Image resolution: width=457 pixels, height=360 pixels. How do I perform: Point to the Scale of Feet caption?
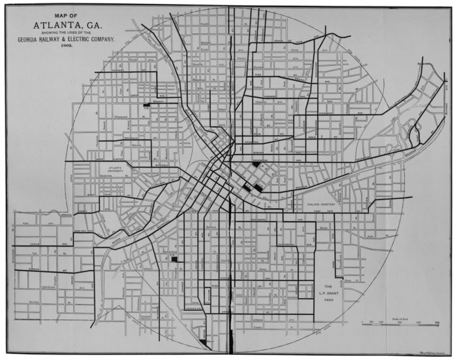pyautogui.click(x=398, y=317)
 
